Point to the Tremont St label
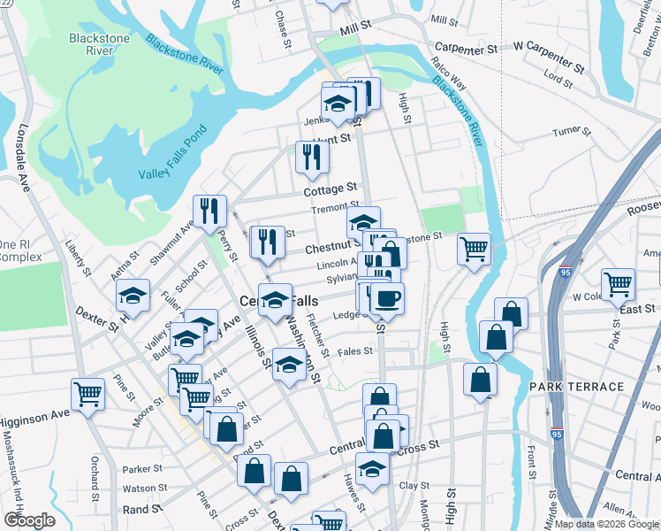pyautogui.click(x=333, y=210)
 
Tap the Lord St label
pyautogui.click(x=558, y=80)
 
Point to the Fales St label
pyautogui.click(x=354, y=351)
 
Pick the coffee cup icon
pyautogui.click(x=385, y=298)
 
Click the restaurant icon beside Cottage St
pyautogui.click(x=311, y=157)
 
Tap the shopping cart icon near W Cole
pyautogui.click(x=617, y=283)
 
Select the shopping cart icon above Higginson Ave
pyautogui.click(x=87, y=394)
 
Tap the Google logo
pyautogui.click(x=29, y=520)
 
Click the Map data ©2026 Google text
pyautogui.click(x=606, y=524)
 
